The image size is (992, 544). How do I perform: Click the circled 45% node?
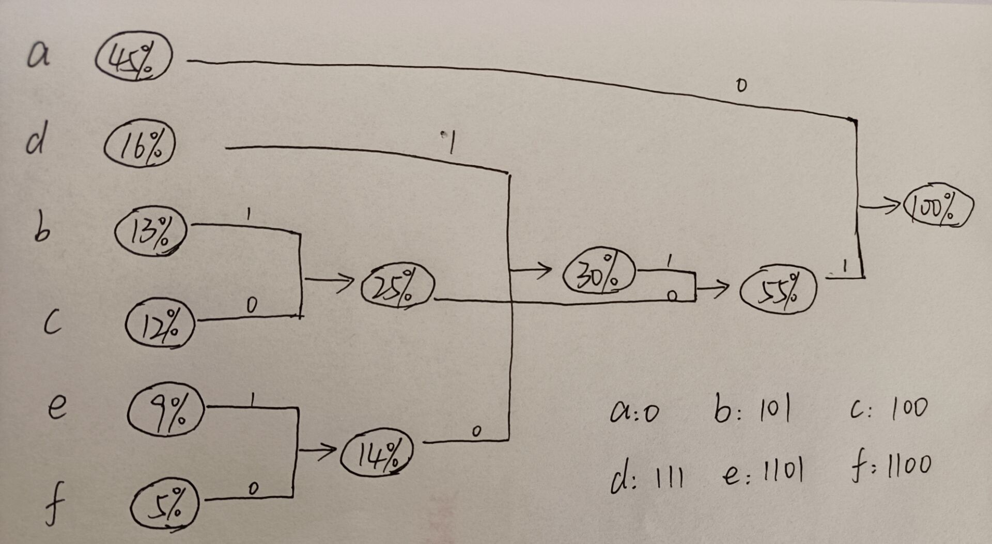point(133,57)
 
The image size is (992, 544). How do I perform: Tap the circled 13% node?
point(150,231)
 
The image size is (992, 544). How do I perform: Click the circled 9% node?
point(166,411)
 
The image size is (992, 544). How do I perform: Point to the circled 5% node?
point(165,505)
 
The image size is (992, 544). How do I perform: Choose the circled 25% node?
point(397,286)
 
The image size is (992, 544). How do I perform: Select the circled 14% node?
point(377,454)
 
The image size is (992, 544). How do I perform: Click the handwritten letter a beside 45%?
point(39,55)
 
